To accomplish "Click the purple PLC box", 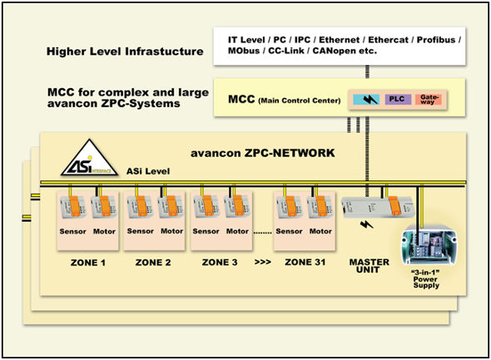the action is (398, 99).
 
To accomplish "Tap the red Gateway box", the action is (428, 99).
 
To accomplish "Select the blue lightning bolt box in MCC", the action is (366, 100).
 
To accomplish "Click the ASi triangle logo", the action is (89, 158).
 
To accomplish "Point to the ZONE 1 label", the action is (88, 263).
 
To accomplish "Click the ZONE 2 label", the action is (153, 263).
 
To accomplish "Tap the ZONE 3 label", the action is (220, 262).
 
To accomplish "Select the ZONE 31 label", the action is (305, 262).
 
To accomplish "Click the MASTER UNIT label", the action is (369, 265).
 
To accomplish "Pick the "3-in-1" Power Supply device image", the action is (429, 244).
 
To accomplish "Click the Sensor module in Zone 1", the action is (72, 206).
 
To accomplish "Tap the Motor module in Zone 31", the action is (320, 206).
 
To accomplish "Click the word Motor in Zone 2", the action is (172, 231).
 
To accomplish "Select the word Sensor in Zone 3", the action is (206, 231).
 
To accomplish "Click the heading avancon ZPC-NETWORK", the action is (263, 153).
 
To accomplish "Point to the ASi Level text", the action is (148, 171).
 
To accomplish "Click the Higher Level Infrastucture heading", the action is (125, 52).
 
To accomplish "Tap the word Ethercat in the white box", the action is (389, 40).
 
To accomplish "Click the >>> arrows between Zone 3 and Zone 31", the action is (263, 262).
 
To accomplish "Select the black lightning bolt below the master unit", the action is (367, 224).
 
